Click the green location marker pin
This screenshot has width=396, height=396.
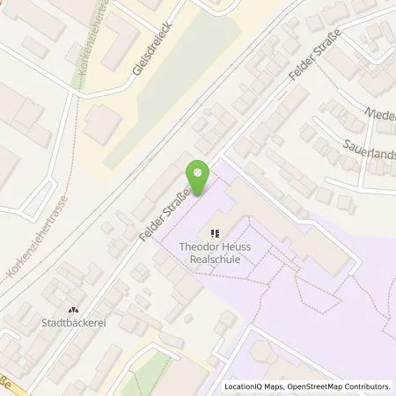tap(200, 179)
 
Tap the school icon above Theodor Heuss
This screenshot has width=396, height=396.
tap(215, 234)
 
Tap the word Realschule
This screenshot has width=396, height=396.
tap(215, 261)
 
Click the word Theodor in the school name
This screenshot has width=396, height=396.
tap(199, 249)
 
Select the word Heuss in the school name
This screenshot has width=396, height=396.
tap(236, 249)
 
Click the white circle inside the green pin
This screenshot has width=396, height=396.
tap(200, 172)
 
